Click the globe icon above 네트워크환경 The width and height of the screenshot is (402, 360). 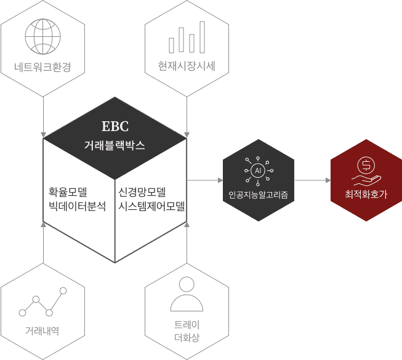click(x=43, y=36)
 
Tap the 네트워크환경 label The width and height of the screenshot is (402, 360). click(x=42, y=67)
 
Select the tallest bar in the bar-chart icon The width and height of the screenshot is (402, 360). click(x=203, y=37)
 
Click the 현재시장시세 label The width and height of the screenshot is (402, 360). click(x=187, y=66)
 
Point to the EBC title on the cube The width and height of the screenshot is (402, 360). click(x=115, y=126)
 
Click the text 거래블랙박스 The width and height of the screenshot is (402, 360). click(x=115, y=145)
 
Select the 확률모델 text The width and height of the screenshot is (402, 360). click(x=68, y=192)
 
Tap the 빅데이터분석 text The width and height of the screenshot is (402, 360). click(x=77, y=206)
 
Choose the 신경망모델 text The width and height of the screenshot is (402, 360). click(x=142, y=192)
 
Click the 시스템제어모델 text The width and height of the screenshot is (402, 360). click(x=151, y=206)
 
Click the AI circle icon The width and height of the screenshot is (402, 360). click(x=258, y=170)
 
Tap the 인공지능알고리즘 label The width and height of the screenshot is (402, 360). click(x=258, y=195)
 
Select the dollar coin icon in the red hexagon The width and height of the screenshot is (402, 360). click(x=366, y=165)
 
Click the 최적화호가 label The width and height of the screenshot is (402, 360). click(x=366, y=194)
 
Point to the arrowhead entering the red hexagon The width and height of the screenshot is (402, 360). click(x=328, y=180)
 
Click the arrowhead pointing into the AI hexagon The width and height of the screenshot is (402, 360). click(x=220, y=180)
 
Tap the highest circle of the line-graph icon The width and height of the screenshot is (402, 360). click(x=63, y=290)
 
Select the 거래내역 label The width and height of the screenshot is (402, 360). click(x=42, y=331)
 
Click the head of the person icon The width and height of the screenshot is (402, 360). click(x=187, y=284)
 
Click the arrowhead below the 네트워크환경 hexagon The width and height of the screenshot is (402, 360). click(x=43, y=135)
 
